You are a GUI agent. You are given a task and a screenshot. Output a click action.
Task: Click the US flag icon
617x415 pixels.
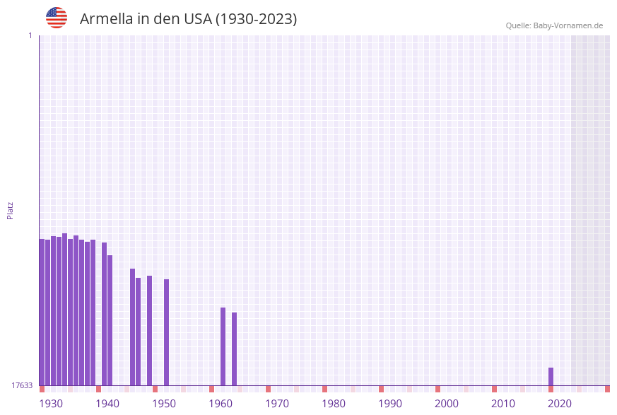[x=57, y=18]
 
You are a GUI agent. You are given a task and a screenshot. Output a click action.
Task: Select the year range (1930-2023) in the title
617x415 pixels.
[x=256, y=19]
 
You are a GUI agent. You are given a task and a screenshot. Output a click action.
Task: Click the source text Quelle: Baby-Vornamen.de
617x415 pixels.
[x=554, y=25]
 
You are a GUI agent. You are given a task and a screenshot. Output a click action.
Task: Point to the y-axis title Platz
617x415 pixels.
[x=11, y=210]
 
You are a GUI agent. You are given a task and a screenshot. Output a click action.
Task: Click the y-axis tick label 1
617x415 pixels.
[x=30, y=35]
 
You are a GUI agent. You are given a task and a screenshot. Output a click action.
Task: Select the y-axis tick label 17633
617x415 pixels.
[x=22, y=385]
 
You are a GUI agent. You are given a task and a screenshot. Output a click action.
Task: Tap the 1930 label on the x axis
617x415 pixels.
[x=51, y=404]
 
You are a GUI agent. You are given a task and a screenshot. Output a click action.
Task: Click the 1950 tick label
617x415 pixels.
[x=164, y=404]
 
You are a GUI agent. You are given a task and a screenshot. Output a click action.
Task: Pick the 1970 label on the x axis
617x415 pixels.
[x=277, y=404]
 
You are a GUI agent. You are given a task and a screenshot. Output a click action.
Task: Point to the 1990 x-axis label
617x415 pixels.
[x=390, y=404]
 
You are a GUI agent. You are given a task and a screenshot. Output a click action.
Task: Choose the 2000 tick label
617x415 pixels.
[x=447, y=404]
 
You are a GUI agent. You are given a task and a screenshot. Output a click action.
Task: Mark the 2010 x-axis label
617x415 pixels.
[x=503, y=404]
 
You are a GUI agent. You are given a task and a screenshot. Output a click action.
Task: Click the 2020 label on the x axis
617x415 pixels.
[x=560, y=404]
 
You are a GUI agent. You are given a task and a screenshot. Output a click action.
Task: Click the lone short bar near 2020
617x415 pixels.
[x=551, y=377]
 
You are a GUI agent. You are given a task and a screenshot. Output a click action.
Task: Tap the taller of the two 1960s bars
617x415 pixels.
[x=223, y=346]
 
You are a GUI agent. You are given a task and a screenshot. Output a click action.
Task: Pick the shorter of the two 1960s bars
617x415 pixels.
[x=235, y=349]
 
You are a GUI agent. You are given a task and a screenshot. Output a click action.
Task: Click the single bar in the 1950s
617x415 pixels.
[x=167, y=332]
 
